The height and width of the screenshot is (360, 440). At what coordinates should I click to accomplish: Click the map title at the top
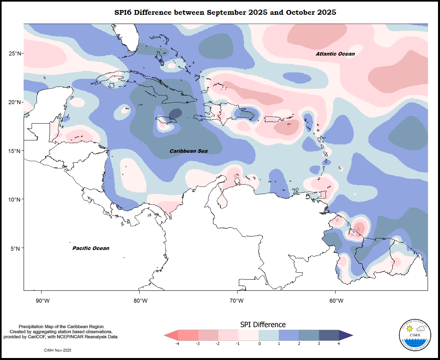tap(225, 12)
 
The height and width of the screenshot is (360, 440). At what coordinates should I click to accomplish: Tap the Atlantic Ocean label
tap(335, 54)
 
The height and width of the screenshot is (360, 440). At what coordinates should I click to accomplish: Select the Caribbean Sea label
tap(189, 151)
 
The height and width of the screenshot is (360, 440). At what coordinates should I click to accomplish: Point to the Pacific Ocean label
tap(91, 248)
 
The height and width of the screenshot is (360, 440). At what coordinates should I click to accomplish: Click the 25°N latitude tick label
tap(14, 54)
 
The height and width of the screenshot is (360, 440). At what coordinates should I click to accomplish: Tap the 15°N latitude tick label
tap(14, 151)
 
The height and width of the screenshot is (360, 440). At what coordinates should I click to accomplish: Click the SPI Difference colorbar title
tap(263, 324)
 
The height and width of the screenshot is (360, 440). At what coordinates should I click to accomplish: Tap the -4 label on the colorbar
tap(177, 344)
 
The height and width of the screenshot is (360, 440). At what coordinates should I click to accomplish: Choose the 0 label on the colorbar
tap(259, 344)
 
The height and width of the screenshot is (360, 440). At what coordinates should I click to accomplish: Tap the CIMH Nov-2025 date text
tap(58, 350)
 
